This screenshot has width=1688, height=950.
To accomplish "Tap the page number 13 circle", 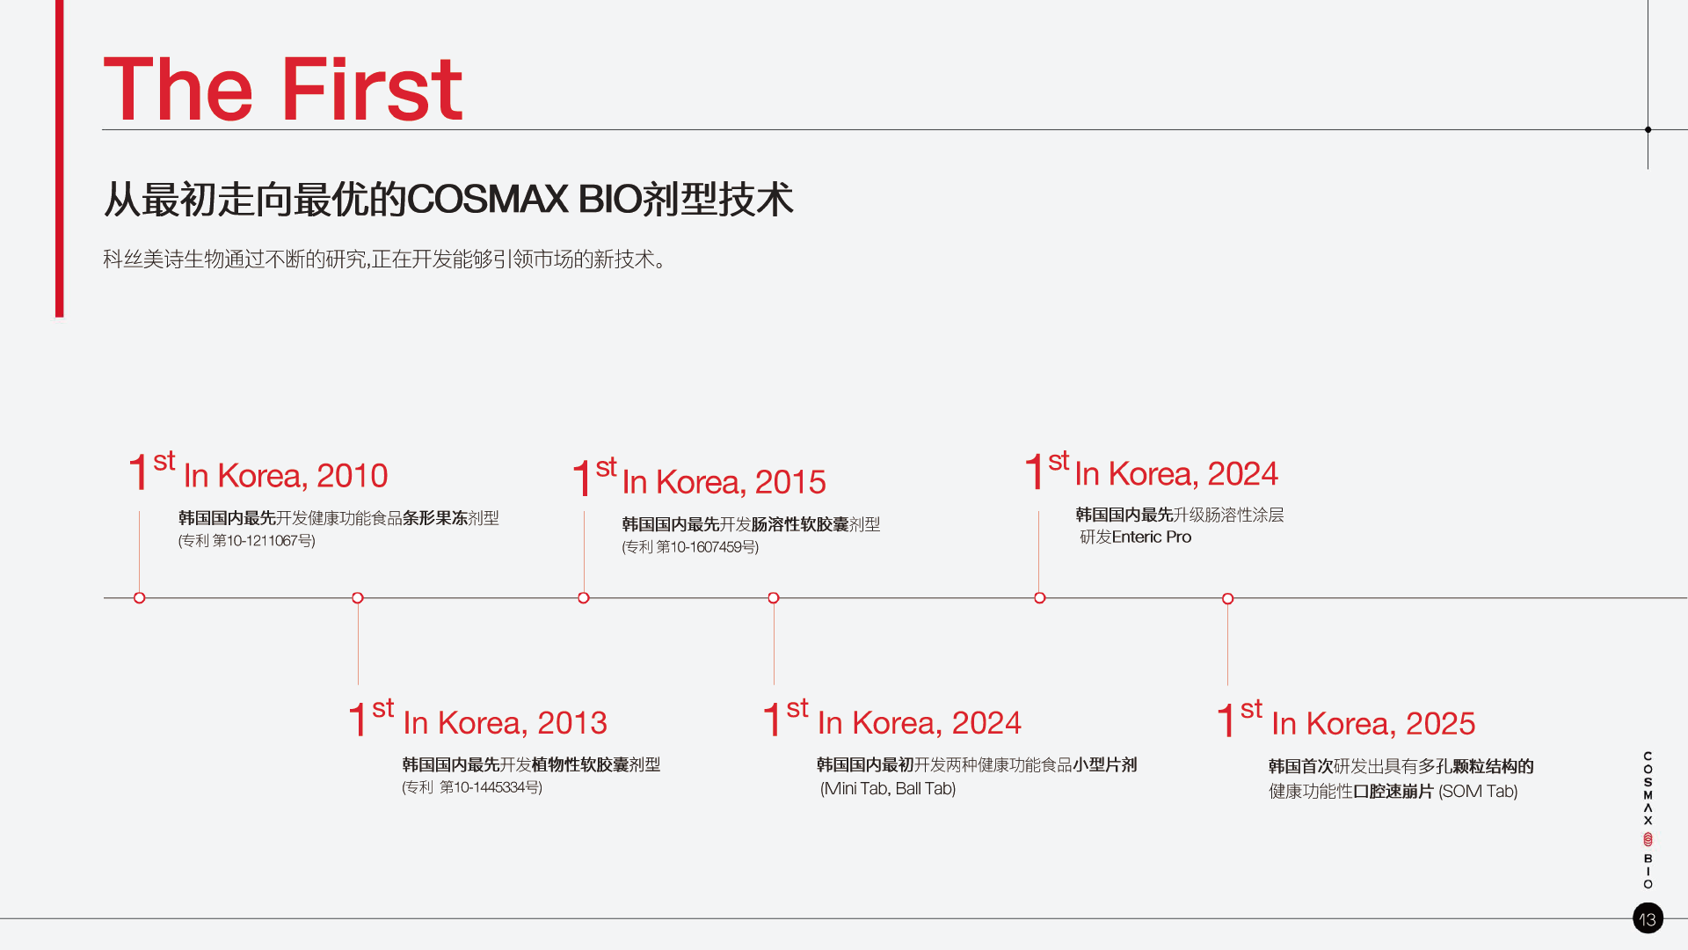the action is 1648,918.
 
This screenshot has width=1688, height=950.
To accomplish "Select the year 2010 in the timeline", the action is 352,476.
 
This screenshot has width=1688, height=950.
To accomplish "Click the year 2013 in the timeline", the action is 572,723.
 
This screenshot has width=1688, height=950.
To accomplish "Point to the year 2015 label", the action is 790,482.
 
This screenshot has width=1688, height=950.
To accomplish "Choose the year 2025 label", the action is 1440,724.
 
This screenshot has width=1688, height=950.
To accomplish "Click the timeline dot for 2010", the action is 139,598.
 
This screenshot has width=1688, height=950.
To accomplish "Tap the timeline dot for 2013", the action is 358,598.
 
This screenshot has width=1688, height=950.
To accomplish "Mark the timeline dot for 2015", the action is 584,598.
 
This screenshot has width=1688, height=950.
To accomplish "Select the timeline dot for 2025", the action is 1228,599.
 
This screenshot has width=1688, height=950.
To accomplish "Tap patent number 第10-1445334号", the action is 489,787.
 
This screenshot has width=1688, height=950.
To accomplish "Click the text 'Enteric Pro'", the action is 1152,537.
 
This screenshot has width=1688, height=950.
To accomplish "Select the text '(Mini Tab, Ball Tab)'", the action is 888,789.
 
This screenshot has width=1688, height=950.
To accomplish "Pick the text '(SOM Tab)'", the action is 1478,792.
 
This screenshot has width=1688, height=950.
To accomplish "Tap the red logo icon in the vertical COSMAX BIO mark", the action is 1648,840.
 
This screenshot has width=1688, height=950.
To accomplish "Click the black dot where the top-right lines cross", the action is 1648,129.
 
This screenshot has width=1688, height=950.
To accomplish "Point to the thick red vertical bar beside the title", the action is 60,158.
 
